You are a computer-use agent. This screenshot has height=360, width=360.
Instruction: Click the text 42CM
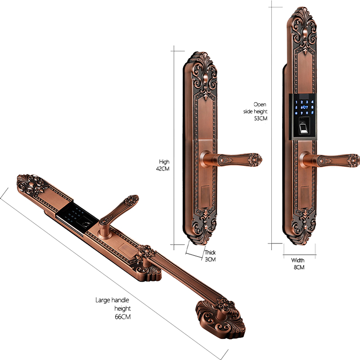(x=162, y=169)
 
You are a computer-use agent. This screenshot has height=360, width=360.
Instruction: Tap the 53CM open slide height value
(x=261, y=118)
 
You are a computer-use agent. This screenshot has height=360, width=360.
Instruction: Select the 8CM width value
(x=299, y=267)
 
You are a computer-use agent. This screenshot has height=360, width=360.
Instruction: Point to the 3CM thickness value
(x=210, y=260)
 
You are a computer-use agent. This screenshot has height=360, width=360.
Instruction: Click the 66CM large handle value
(x=122, y=317)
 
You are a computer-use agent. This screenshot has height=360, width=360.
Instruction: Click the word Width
(x=298, y=261)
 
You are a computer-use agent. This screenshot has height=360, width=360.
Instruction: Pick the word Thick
(x=210, y=252)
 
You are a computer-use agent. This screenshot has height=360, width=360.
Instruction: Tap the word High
(x=164, y=162)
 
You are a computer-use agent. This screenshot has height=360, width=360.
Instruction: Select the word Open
(x=260, y=105)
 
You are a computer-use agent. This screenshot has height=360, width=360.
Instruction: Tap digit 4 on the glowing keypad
(x=312, y=102)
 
